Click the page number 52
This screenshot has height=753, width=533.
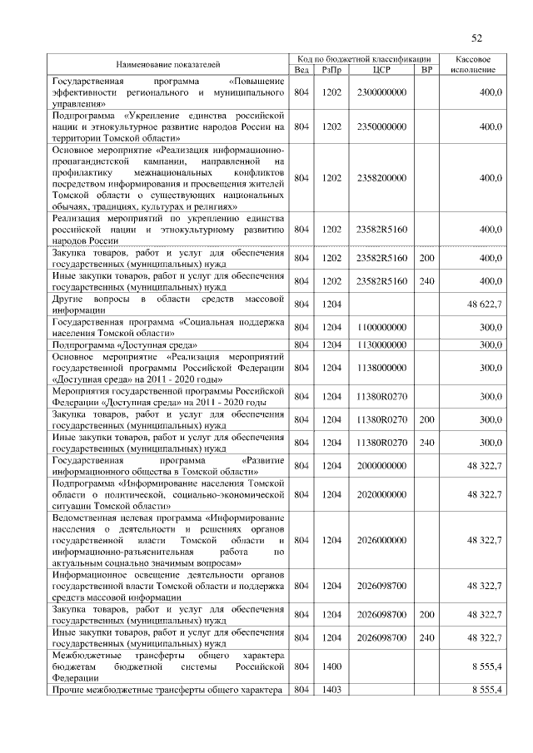tap(477, 37)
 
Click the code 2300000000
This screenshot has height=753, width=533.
tap(381, 92)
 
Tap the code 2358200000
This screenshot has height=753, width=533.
tap(381, 178)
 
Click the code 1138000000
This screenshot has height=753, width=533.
tap(381, 366)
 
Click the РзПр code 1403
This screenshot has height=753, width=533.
tap(331, 690)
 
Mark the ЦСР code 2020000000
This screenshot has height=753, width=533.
tap(381, 494)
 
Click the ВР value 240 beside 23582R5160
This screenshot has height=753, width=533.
tap(427, 281)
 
